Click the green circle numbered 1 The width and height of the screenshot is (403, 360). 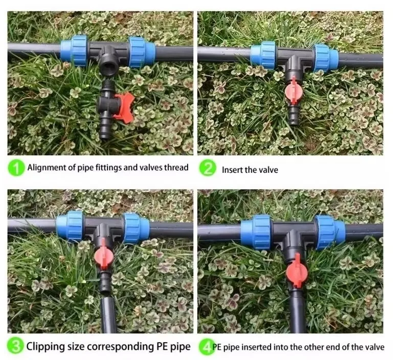point(17,168)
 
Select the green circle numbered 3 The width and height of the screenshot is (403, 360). point(17,347)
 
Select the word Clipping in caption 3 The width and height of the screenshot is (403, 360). point(46,347)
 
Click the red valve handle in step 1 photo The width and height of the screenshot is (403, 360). point(124,106)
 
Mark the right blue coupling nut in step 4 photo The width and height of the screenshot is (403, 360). point(326,232)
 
